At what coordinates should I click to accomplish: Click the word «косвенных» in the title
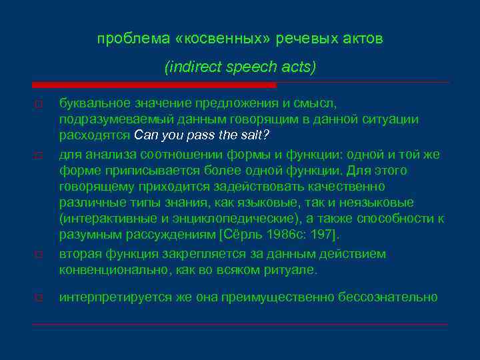tap(221, 39)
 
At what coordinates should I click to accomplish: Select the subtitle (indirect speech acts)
tap(240, 67)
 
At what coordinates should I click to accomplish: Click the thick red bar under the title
tap(154, 85)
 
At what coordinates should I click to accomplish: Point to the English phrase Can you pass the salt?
tap(201, 135)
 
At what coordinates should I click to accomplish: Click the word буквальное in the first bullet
tap(92, 103)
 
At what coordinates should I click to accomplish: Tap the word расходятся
tap(95, 135)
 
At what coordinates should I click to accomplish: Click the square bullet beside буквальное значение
tap(39, 106)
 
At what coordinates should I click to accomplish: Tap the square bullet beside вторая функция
tap(39, 256)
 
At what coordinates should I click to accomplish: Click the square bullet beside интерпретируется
tap(39, 298)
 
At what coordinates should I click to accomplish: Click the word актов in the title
tap(364, 39)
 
